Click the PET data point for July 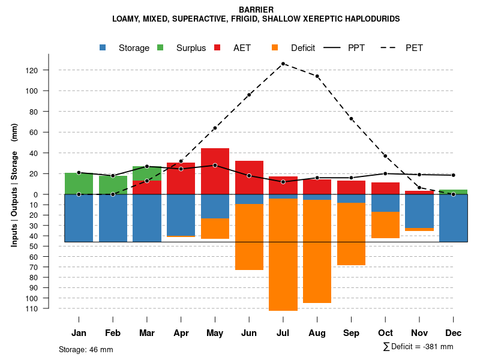(x=283, y=64)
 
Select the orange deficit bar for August (x=317, y=252)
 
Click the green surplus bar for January (x=79, y=183)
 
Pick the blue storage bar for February (x=113, y=218)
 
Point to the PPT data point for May (x=215, y=165)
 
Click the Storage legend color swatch (x=104, y=47)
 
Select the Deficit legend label (x=303, y=48)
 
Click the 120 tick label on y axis (x=48, y=70)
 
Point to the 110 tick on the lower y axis (x=48, y=308)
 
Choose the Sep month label (x=352, y=333)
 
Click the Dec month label (x=454, y=333)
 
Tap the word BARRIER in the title (x=256, y=10)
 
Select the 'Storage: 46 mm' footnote (x=86, y=349)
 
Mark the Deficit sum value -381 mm (x=438, y=347)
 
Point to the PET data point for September (x=352, y=119)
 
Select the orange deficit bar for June (x=249, y=237)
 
